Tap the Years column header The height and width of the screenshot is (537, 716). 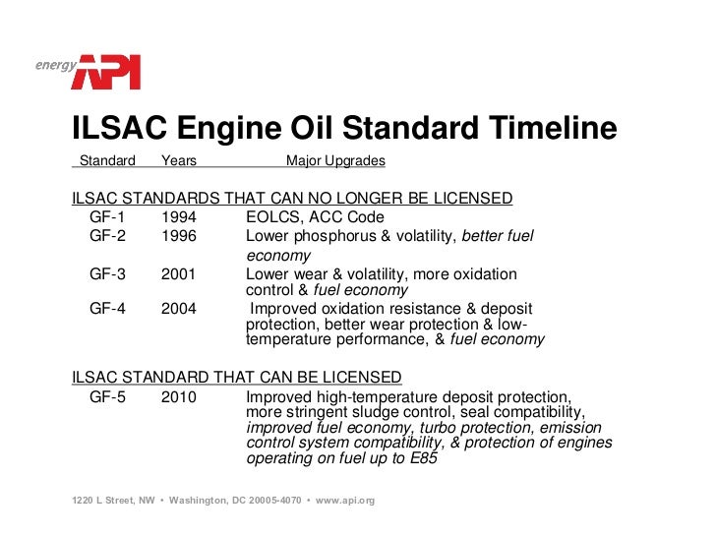click(x=179, y=160)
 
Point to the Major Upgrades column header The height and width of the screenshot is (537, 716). click(x=335, y=160)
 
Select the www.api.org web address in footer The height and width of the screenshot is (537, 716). click(x=345, y=501)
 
